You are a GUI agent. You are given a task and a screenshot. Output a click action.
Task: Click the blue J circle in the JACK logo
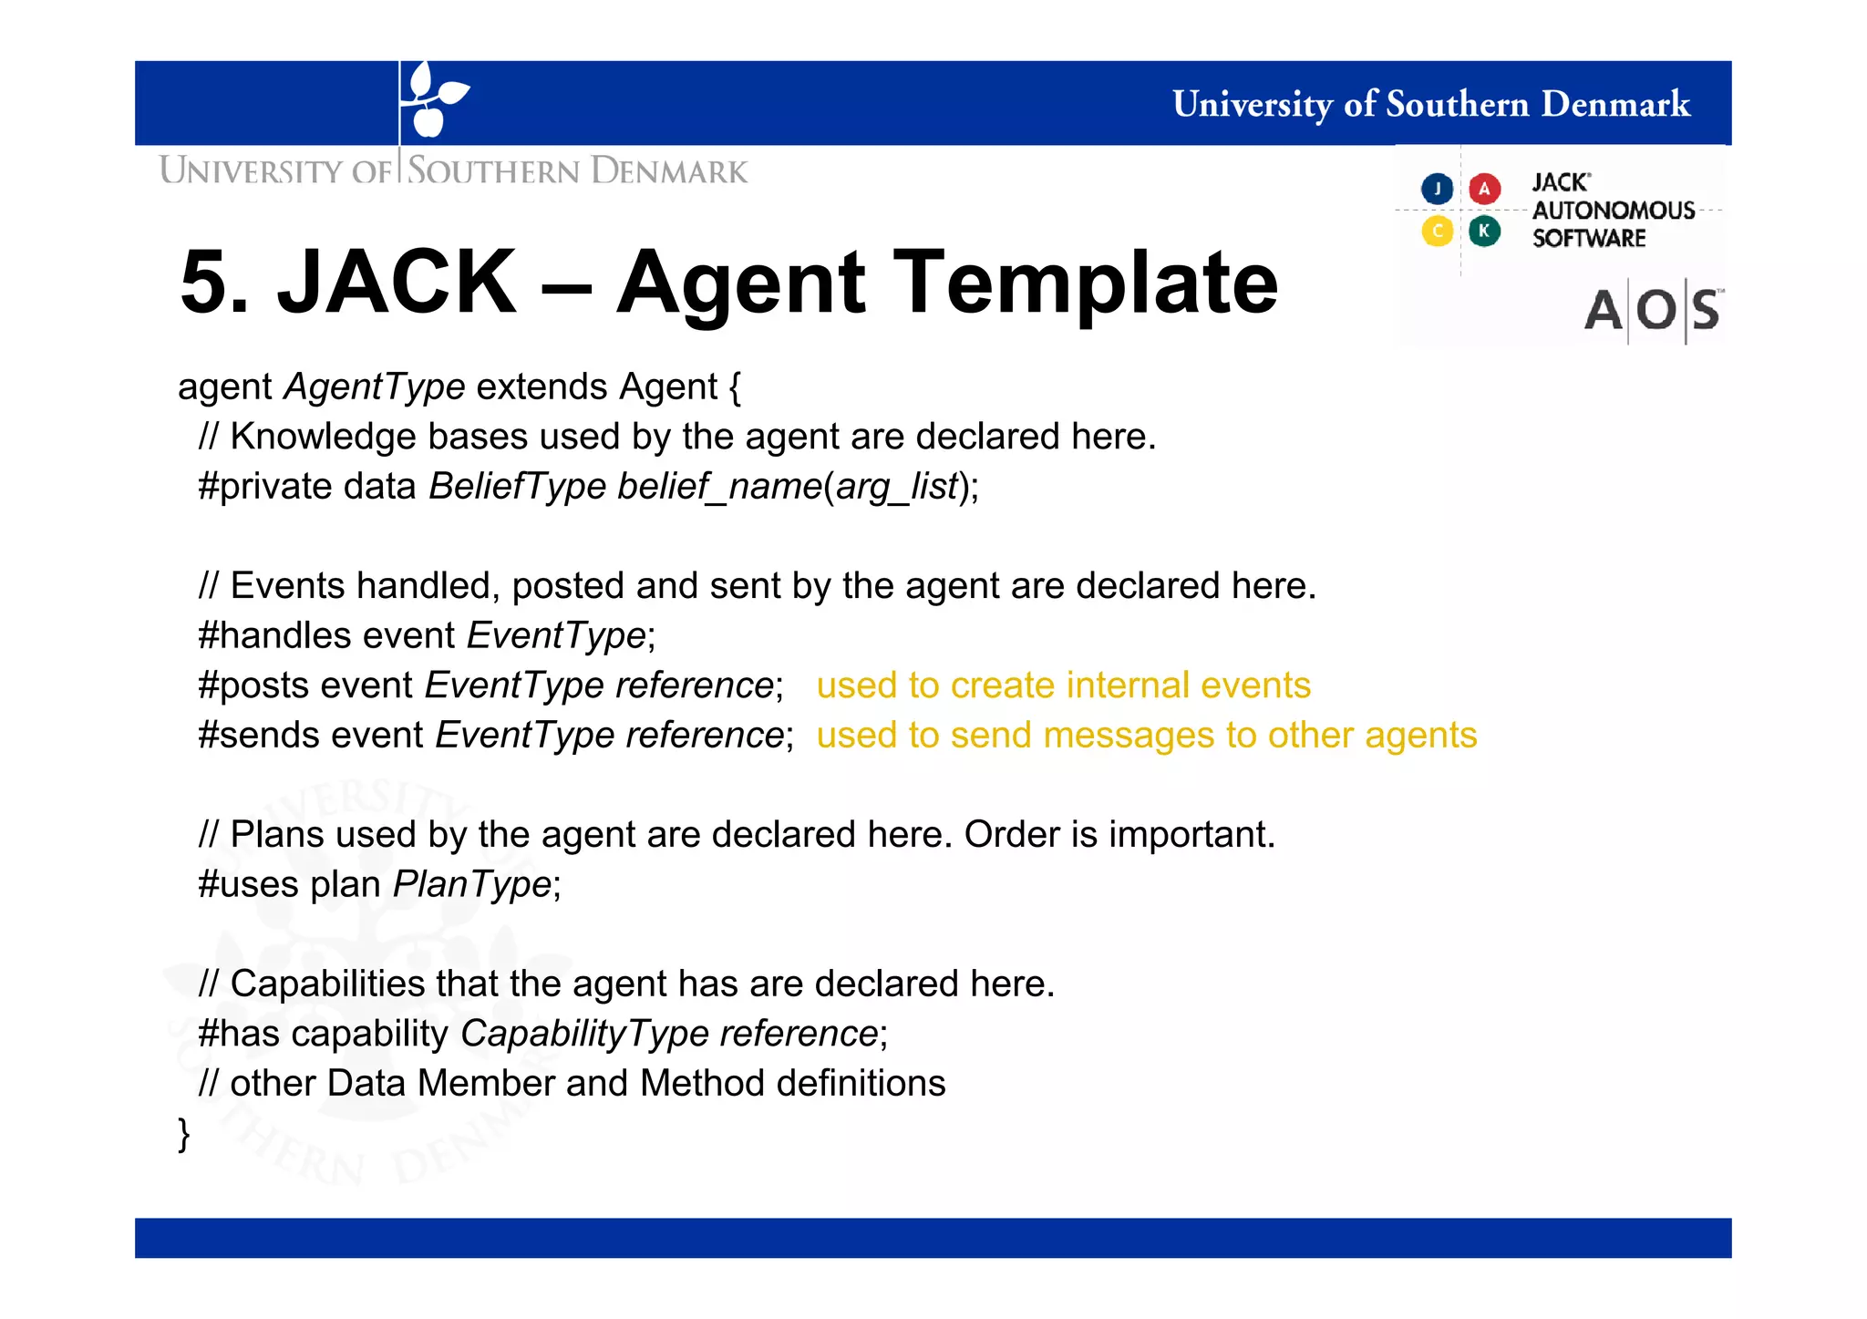click(1437, 189)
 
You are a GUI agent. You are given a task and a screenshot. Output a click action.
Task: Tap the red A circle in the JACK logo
click(1484, 189)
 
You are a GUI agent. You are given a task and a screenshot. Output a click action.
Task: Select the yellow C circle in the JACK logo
click(1437, 231)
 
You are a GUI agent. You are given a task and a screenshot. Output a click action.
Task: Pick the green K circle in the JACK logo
click(1484, 231)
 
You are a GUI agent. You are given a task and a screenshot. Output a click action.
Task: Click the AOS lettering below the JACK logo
click(1652, 311)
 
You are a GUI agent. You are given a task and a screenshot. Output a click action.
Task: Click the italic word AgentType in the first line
click(375, 387)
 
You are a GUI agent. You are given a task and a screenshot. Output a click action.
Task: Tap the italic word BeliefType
click(517, 487)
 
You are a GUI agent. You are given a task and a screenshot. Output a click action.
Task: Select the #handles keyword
click(273, 635)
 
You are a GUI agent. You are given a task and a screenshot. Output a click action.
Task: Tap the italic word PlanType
click(471, 885)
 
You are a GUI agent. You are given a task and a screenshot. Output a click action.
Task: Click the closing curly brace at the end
click(184, 1135)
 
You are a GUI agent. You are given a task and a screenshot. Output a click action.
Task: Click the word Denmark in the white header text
click(1614, 104)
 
